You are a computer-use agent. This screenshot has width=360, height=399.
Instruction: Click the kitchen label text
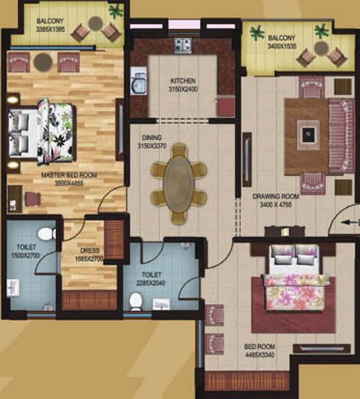183,81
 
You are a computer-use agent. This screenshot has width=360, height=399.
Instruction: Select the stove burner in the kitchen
183,46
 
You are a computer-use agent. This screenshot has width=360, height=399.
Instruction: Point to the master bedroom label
69,175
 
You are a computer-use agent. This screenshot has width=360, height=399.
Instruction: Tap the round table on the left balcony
96,23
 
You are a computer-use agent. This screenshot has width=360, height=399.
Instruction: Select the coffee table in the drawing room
308,135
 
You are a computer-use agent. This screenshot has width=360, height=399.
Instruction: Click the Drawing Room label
276,196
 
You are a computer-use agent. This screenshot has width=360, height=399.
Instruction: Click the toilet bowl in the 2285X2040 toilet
136,300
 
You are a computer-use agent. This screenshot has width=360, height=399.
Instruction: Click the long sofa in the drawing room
341,135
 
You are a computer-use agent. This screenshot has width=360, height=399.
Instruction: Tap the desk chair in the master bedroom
33,199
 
